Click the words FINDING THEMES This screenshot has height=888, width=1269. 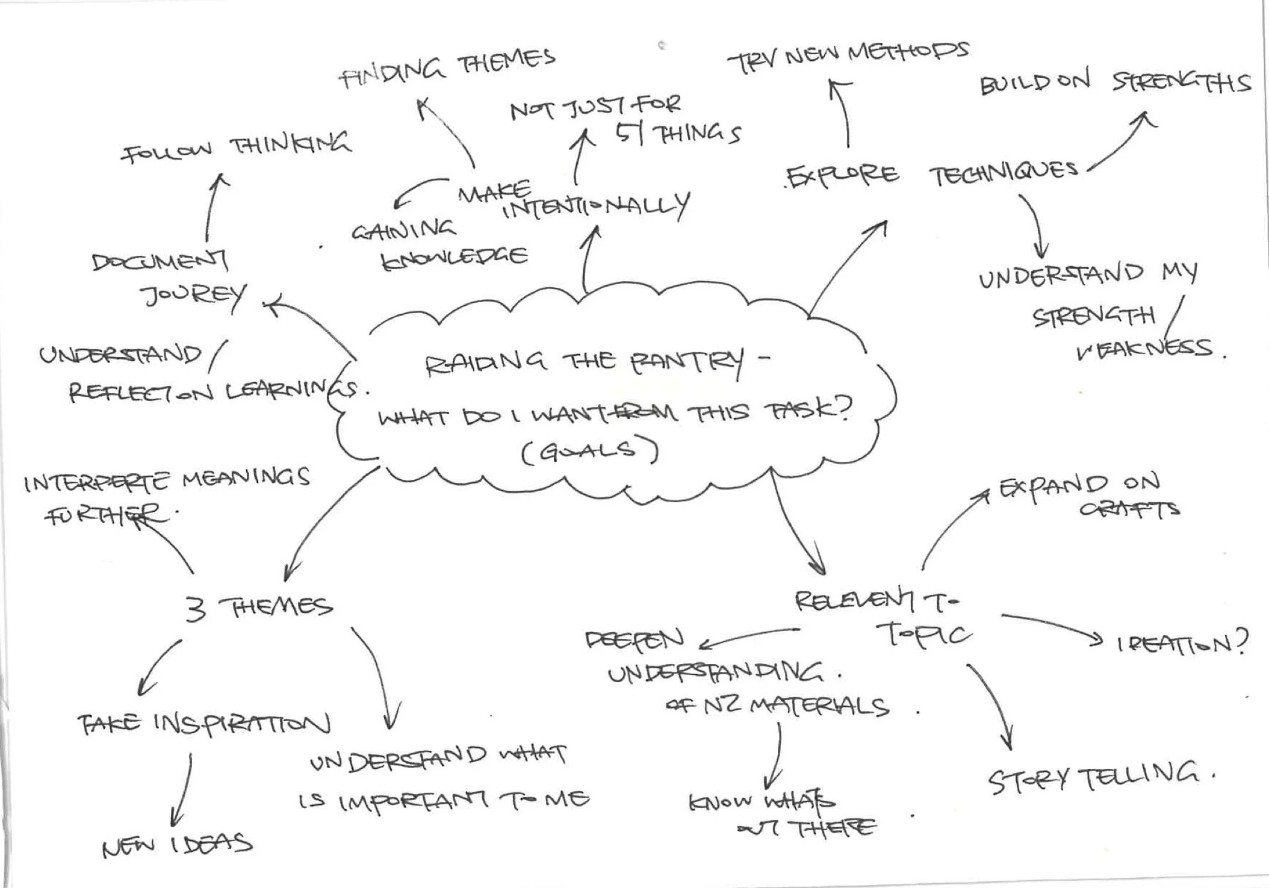click(x=447, y=69)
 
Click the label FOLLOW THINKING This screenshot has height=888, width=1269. click(x=236, y=147)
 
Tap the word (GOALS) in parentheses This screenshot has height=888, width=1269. click(x=589, y=452)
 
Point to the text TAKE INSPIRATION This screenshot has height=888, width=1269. click(x=203, y=724)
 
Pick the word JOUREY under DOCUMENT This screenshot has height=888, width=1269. click(x=193, y=296)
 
